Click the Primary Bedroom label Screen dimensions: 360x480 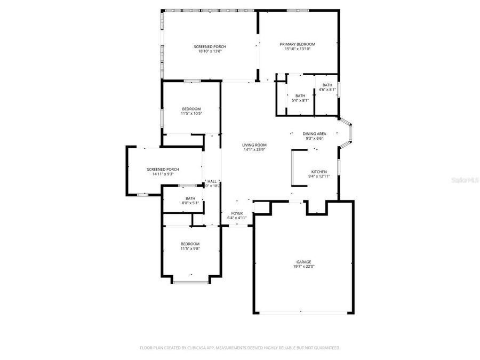tap(298, 44)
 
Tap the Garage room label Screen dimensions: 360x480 tap(304, 262)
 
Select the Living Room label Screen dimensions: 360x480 tap(254, 145)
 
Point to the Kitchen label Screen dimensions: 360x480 tap(319, 172)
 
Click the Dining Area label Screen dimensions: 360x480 tap(315, 134)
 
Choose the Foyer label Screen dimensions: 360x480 tap(237, 213)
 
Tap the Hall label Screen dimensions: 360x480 tap(212, 181)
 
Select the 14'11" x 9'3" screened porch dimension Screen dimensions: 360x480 tap(163, 174)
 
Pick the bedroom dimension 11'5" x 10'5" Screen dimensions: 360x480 tap(191, 113)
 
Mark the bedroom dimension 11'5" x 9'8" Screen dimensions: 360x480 tap(190, 249)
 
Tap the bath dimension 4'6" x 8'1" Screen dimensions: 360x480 tap(327, 90)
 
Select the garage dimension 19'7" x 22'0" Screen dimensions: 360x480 tap(304, 267)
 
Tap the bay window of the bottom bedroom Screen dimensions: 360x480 tap(190, 281)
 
